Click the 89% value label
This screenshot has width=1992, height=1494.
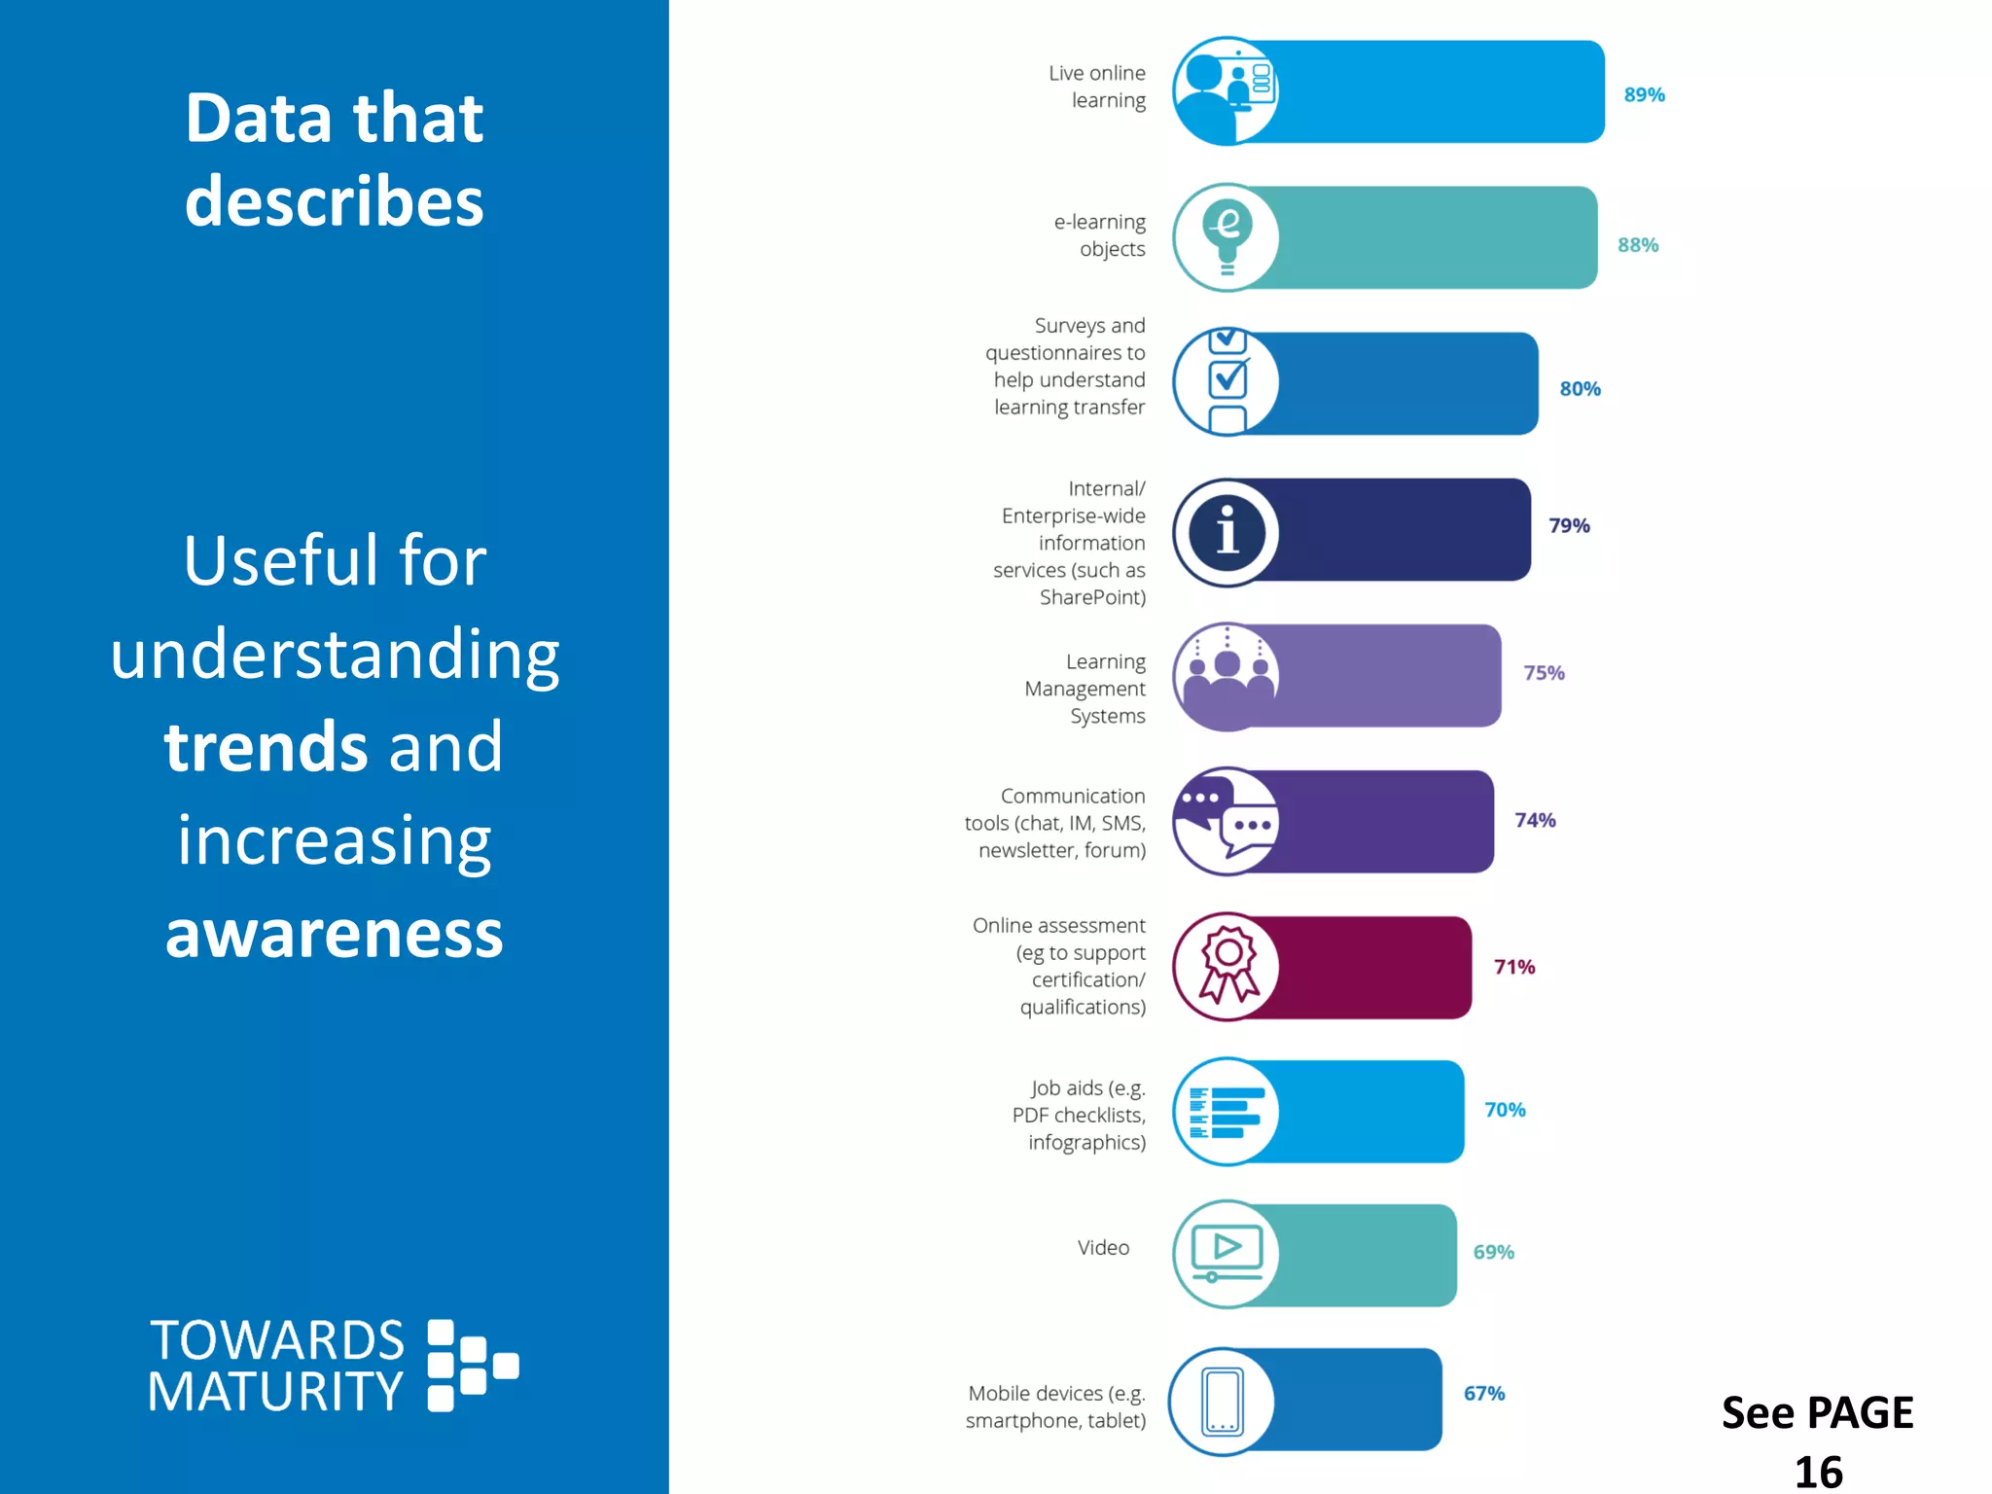point(1644,95)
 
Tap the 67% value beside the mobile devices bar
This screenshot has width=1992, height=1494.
point(1483,1393)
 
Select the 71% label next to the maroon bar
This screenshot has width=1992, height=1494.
point(1513,967)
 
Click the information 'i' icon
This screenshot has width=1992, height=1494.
point(1227,532)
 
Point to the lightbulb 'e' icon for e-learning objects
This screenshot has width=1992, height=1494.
point(1227,236)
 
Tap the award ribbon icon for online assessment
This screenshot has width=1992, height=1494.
point(1227,966)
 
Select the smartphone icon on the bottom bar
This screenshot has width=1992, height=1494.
point(1223,1402)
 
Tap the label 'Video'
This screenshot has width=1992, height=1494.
point(1103,1248)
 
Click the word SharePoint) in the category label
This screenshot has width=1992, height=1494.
point(1092,597)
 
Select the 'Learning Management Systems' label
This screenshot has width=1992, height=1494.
point(1085,689)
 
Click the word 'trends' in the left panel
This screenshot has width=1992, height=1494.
point(266,747)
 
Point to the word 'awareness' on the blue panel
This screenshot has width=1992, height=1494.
point(334,933)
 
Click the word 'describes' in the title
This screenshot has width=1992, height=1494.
point(334,201)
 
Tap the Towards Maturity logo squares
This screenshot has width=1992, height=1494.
point(472,1365)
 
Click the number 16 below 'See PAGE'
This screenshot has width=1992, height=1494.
point(1817,1471)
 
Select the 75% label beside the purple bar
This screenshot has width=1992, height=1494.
point(1543,673)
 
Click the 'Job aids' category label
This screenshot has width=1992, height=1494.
point(1080,1115)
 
